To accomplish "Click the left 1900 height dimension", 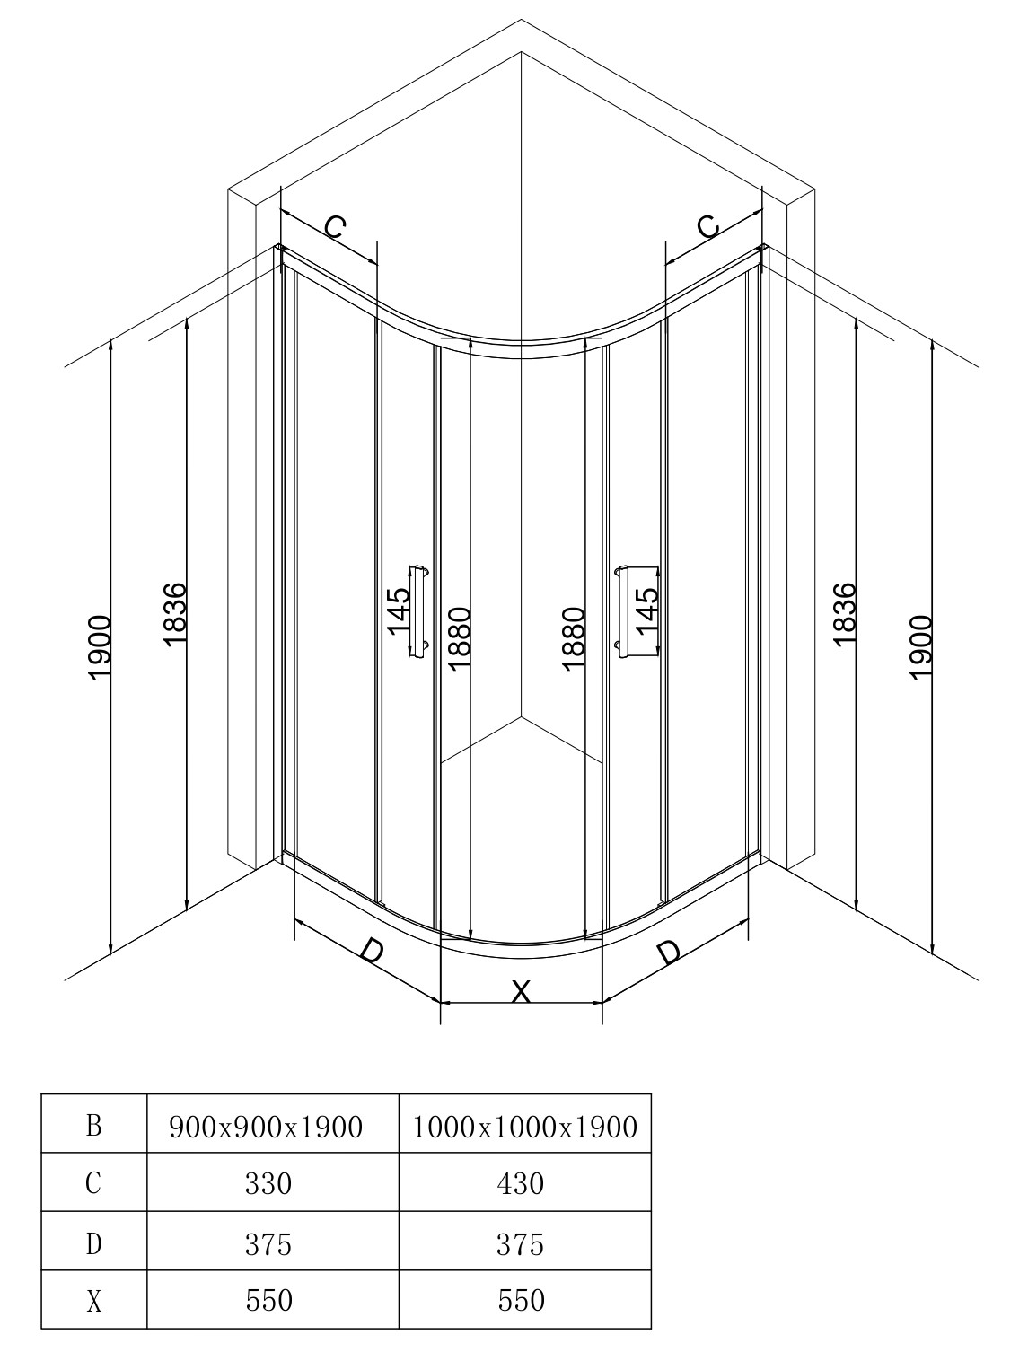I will point(100,647).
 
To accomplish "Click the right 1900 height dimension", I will point(922,647).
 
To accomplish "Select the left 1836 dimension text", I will point(175,614).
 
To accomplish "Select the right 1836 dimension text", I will point(845,614).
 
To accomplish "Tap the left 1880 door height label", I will point(458,639).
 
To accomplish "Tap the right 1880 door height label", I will point(573,639).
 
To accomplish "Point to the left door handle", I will point(419,611).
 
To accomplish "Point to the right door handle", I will point(620,611).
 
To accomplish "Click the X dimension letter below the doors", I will point(521,992).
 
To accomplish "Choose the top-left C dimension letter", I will point(334,227).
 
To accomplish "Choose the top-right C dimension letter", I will point(708,227).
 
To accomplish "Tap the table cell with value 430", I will point(521,1184).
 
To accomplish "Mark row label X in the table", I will point(93,1300).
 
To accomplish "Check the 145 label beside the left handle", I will point(399,611).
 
